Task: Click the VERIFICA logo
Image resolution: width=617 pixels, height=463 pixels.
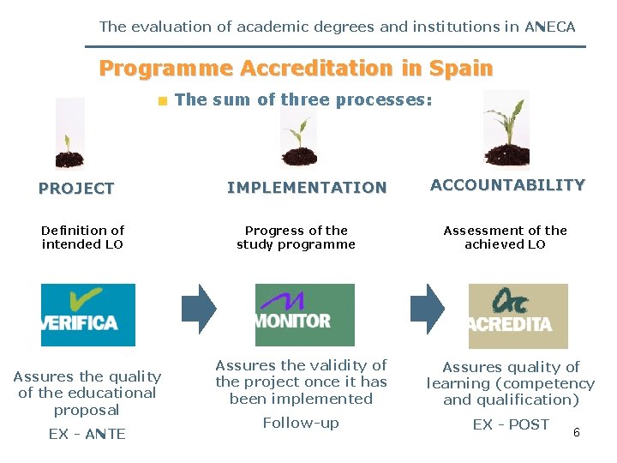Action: coord(88,315)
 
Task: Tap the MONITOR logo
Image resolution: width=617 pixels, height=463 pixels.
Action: coord(304,315)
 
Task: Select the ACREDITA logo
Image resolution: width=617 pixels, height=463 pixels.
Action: coord(518,315)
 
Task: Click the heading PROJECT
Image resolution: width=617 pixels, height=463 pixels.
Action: coord(76,189)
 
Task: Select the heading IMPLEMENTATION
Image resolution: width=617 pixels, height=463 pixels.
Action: coord(307,188)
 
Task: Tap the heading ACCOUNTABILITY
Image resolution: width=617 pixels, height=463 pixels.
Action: coord(507,185)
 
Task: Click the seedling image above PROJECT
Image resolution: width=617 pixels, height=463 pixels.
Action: coord(69,135)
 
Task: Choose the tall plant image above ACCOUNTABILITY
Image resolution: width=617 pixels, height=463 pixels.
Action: coord(506,129)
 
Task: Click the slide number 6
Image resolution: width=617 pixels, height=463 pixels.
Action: coord(577,432)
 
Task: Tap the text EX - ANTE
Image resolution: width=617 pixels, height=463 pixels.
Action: coord(87,434)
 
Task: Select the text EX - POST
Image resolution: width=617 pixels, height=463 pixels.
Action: coord(511,424)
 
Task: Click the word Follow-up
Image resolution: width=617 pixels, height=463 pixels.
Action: coord(301,423)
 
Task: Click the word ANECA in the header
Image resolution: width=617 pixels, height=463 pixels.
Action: coord(550,27)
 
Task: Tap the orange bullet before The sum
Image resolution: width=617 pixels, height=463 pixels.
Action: coord(161,101)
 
